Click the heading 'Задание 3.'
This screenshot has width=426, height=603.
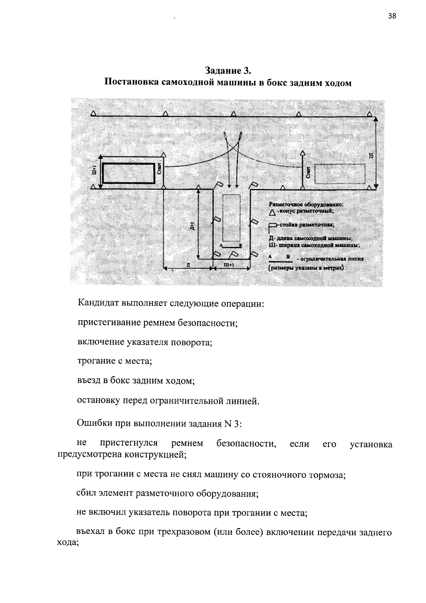(x=228, y=70)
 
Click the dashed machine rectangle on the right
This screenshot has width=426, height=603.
(x=340, y=174)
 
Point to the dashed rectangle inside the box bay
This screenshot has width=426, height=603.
(x=231, y=218)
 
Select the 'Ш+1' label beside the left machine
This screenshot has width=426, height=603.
(x=94, y=171)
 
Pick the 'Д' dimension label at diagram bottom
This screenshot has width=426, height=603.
(x=187, y=265)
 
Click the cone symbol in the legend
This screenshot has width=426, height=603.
(x=272, y=212)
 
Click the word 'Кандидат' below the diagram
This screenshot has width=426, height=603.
(x=98, y=304)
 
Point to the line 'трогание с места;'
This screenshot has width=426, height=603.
(x=115, y=361)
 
